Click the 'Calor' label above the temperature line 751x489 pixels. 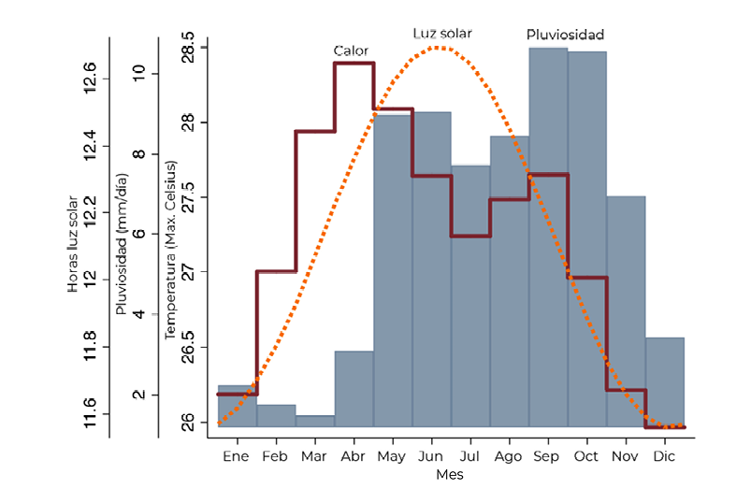click(x=351, y=50)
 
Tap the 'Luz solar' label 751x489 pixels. click(x=442, y=34)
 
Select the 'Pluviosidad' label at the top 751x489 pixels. click(x=565, y=35)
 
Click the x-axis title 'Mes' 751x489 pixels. click(x=449, y=475)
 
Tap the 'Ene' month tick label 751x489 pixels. click(x=237, y=455)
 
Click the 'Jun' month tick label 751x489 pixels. click(x=430, y=455)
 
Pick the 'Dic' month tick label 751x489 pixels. click(x=664, y=455)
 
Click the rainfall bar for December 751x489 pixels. click(x=664, y=381)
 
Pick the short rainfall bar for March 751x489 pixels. click(x=315, y=422)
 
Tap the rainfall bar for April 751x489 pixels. click(x=354, y=389)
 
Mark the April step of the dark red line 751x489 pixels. click(x=354, y=63)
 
